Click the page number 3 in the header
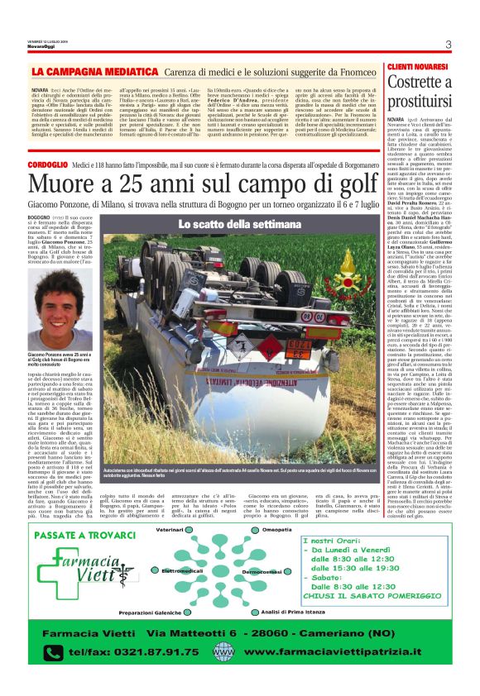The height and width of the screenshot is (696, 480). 448,45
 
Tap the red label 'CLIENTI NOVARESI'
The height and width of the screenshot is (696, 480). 415,65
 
